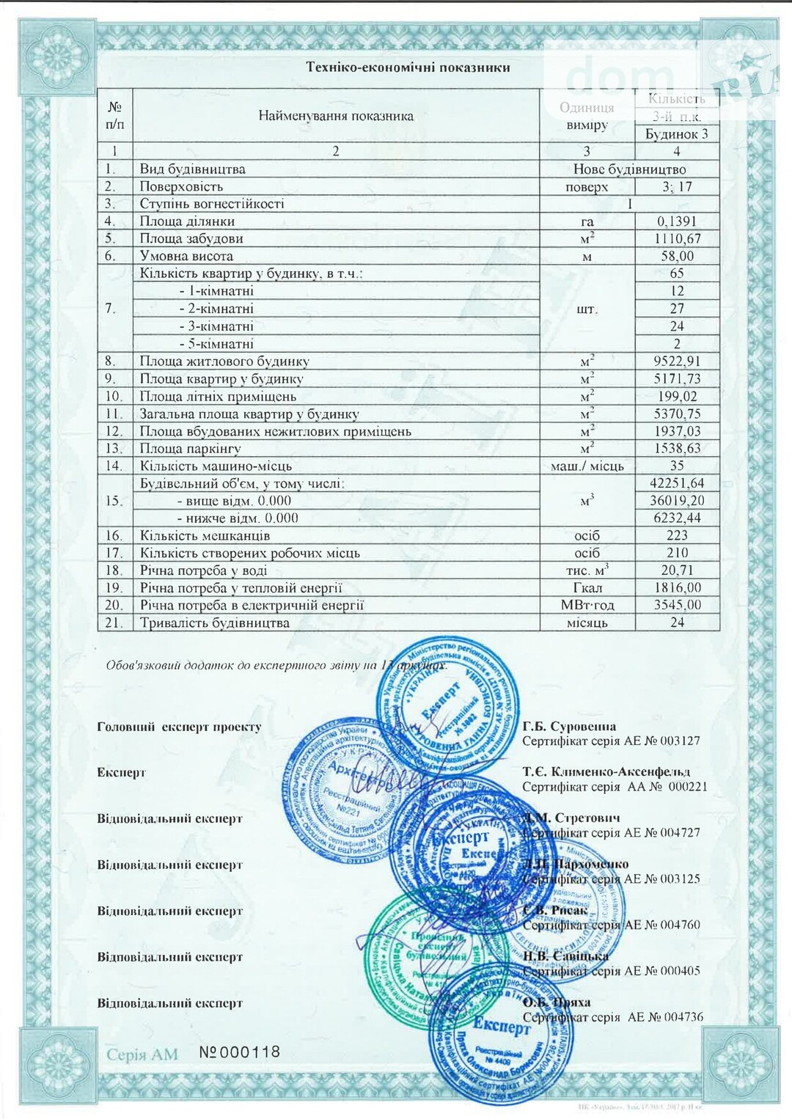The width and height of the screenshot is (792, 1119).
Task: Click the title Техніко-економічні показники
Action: click(408, 67)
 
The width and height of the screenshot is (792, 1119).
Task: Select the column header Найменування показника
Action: click(336, 116)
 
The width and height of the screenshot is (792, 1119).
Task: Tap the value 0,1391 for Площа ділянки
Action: click(676, 221)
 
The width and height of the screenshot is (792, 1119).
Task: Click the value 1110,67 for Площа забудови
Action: click(676, 238)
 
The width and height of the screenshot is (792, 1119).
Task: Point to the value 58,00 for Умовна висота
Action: click(676, 256)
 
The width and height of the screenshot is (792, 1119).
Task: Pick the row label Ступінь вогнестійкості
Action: click(212, 204)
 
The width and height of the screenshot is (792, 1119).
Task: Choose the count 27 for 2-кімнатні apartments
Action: click(676, 309)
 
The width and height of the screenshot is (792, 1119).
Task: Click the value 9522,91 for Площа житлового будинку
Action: click(676, 361)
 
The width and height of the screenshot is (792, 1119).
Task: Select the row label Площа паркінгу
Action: click(191, 449)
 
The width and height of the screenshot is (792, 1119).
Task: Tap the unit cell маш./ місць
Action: click(587, 466)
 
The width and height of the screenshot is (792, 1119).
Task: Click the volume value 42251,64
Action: click(676, 483)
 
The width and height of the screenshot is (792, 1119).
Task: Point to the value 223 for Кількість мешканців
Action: click(676, 536)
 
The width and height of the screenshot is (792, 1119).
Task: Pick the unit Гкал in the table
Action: click(587, 588)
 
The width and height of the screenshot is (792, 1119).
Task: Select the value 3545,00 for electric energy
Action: click(676, 606)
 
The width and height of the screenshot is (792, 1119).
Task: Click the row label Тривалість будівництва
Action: click(215, 623)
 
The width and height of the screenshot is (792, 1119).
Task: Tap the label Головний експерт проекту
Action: click(179, 727)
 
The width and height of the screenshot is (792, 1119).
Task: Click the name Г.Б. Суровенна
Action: click(569, 727)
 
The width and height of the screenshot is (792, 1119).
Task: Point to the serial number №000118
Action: click(240, 1052)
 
